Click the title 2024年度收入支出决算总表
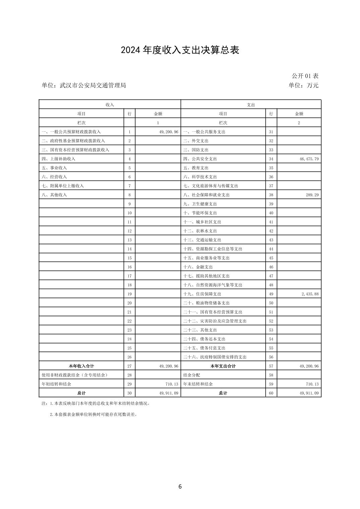coord(180,50)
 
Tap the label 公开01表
coord(305,76)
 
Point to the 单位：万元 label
coord(303,85)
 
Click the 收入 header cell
coord(110,105)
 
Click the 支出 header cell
coord(251,105)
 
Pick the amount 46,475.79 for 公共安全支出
coord(309,159)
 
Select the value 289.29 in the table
coord(312,195)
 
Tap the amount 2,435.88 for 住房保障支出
coord(310,294)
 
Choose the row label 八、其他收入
coord(54,195)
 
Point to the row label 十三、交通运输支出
coord(202,240)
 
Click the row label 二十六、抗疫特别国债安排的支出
coord(215,357)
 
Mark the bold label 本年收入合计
coord(81,366)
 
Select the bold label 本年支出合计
coord(223,366)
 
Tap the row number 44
coord(271,249)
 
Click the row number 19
coord(129,294)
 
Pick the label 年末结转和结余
coord(198,384)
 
